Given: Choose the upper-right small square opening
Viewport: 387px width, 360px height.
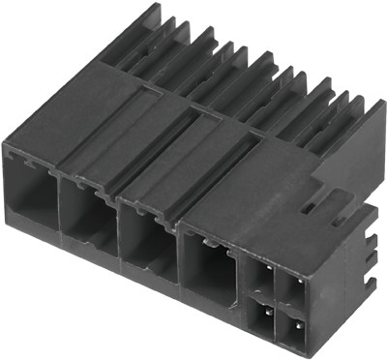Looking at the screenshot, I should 292,287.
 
